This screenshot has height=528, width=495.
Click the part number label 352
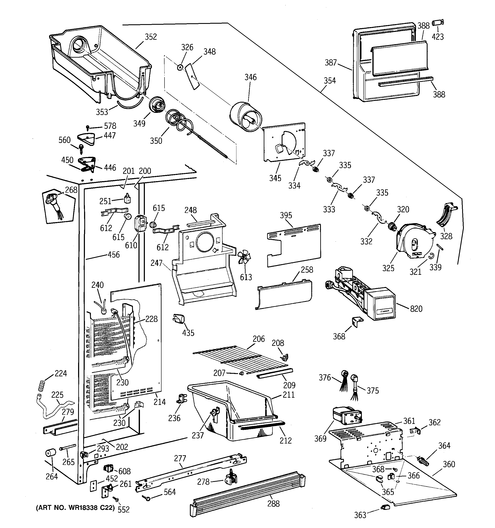tap(151, 37)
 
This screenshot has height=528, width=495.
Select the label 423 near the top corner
tap(438, 37)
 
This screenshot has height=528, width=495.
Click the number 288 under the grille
tap(273, 503)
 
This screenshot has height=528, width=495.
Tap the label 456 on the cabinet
tap(114, 255)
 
